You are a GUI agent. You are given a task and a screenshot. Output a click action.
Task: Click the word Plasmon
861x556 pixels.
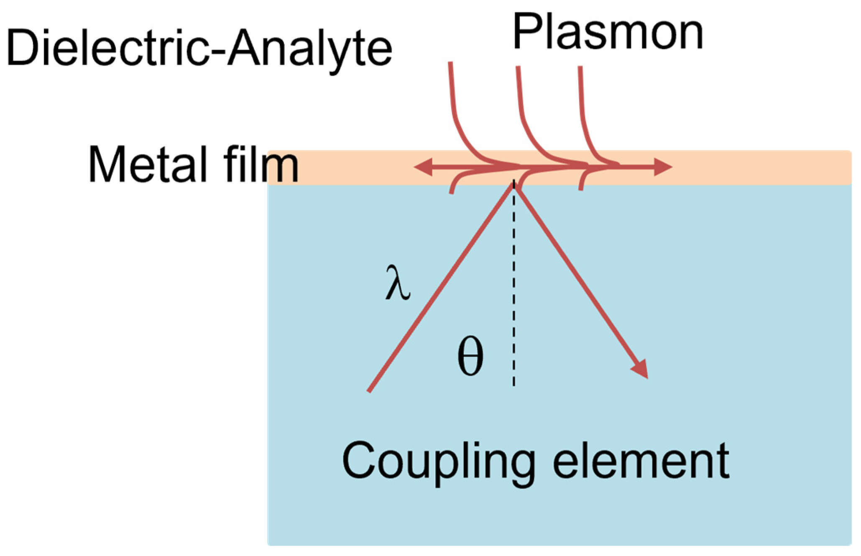click(x=608, y=33)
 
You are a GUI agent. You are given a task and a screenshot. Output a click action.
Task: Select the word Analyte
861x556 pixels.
click(x=309, y=49)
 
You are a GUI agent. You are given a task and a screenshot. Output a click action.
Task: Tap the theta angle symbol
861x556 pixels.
click(x=470, y=356)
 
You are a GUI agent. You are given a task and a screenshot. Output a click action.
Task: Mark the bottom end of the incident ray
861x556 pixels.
click(x=369, y=391)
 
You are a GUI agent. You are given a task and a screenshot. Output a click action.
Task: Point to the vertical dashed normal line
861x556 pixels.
click(x=514, y=293)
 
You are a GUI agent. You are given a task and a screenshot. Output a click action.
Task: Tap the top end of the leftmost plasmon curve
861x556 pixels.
click(x=450, y=64)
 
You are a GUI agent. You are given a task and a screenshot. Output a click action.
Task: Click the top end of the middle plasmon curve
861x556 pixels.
click(x=518, y=67)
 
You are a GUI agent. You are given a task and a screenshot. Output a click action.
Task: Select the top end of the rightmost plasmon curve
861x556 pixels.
click(x=580, y=67)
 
